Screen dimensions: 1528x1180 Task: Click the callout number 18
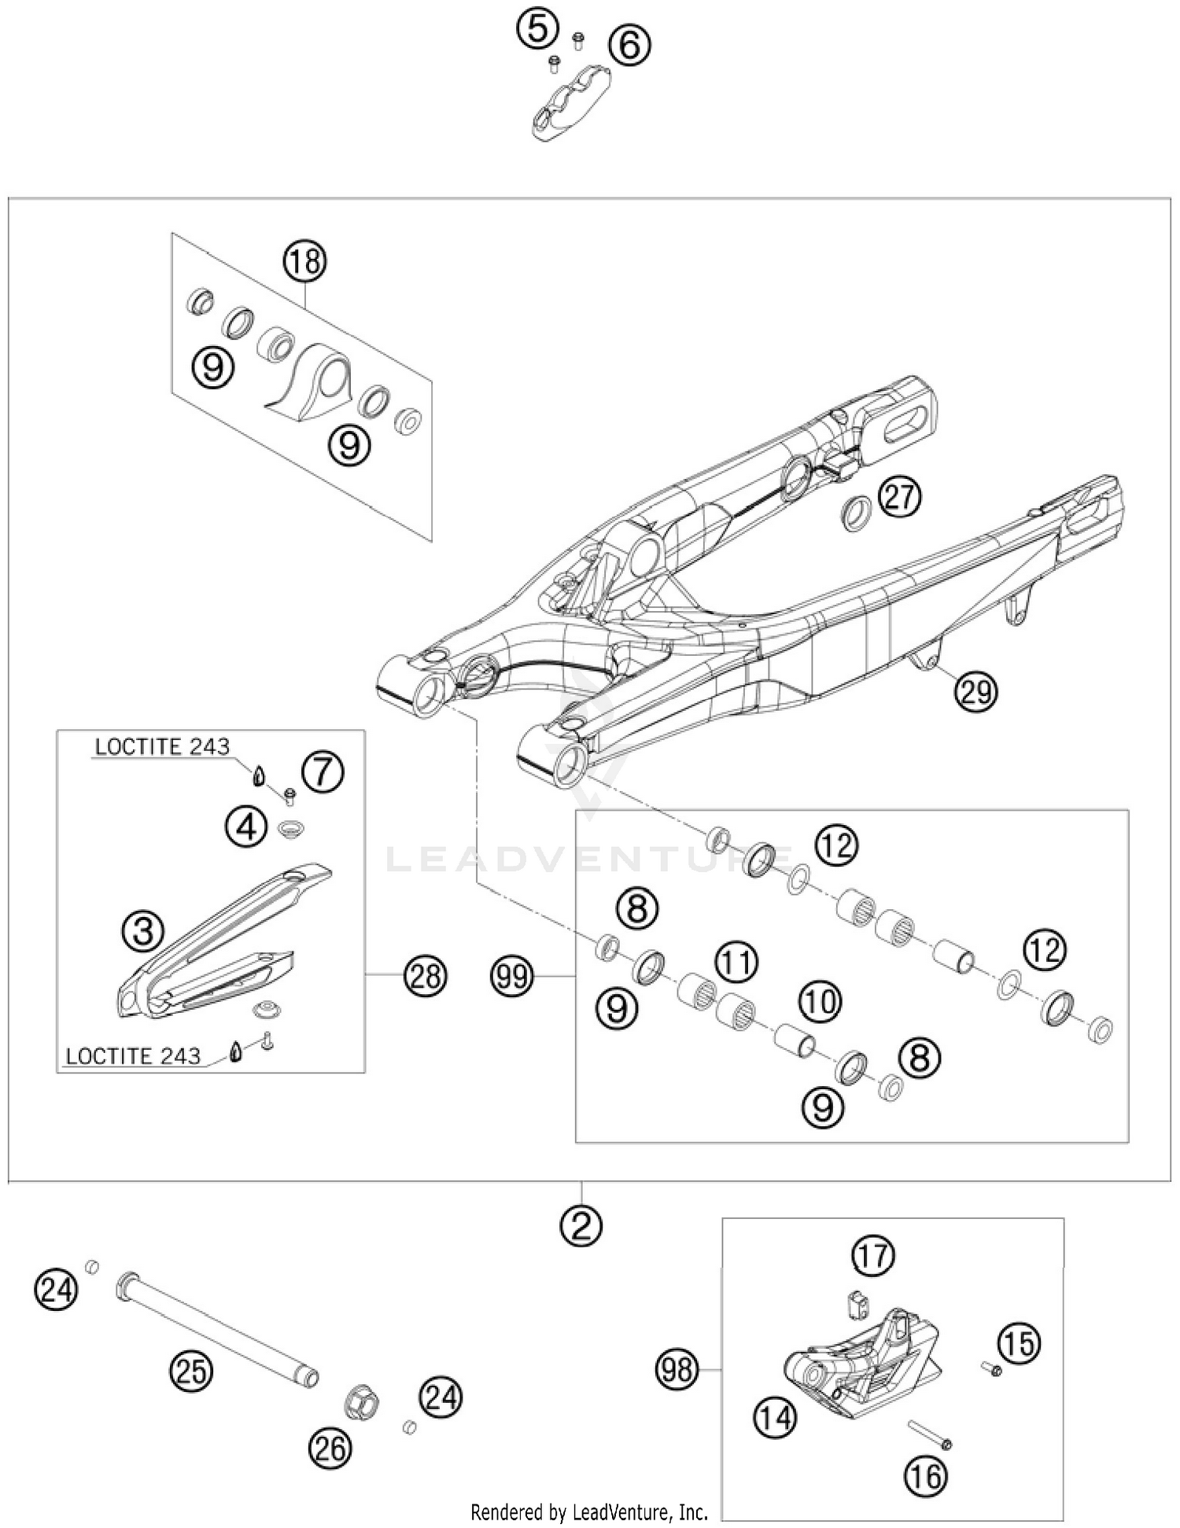click(x=305, y=261)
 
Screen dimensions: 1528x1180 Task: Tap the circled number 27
click(x=899, y=497)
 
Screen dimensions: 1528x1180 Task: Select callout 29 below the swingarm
click(x=975, y=692)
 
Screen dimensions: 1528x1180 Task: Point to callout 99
click(x=512, y=977)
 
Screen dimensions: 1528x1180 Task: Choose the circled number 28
click(x=425, y=977)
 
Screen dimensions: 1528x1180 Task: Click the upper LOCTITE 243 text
click(x=162, y=746)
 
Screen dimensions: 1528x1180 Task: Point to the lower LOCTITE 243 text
click(x=133, y=1056)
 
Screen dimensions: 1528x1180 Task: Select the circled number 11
click(x=736, y=961)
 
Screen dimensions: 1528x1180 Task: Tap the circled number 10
click(x=820, y=1001)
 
